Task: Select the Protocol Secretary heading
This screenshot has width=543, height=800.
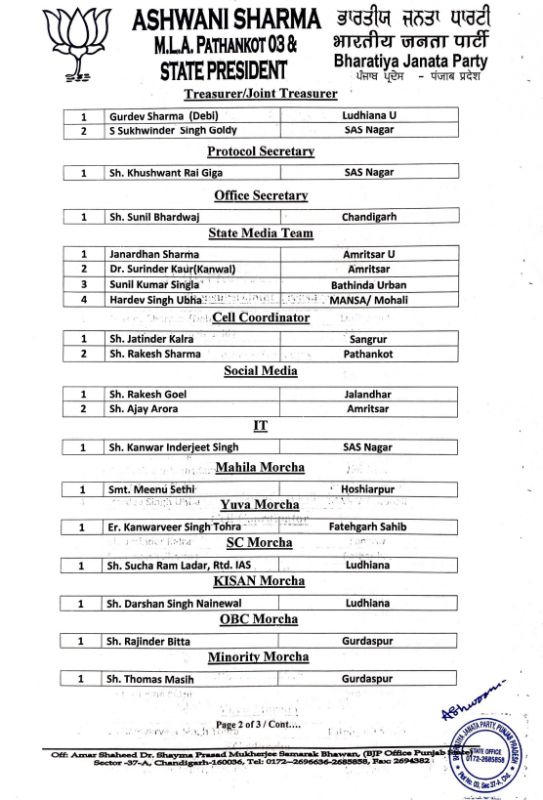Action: pos(260,151)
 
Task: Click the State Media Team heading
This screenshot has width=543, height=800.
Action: pos(260,233)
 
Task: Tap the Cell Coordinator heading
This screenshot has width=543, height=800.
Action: pos(261,318)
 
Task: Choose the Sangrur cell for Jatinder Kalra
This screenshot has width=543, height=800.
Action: pos(369,339)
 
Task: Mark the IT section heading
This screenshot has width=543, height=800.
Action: pos(260,425)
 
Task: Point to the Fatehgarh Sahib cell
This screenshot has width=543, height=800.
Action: pos(369,526)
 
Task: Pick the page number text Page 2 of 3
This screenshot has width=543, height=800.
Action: pos(250,723)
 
